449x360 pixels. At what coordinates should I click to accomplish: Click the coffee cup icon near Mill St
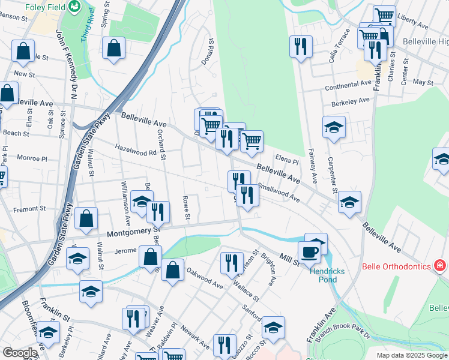pyautogui.click(x=310, y=251)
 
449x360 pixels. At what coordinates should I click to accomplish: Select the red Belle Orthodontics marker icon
pyautogui.click(x=440, y=265)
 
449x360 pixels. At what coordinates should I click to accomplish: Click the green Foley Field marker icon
pyautogui.click(x=75, y=7)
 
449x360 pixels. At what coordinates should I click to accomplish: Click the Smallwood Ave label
pyautogui.click(x=278, y=192)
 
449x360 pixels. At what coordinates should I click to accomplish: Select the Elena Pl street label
pyautogui.click(x=287, y=161)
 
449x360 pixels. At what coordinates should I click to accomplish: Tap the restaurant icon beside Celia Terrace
pyautogui.click(x=301, y=46)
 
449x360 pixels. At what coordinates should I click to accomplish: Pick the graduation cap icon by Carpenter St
pyautogui.click(x=334, y=127)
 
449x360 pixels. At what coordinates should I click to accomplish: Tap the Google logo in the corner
pyautogui.click(x=19, y=353)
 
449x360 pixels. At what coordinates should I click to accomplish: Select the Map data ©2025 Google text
pyautogui.click(x=411, y=355)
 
